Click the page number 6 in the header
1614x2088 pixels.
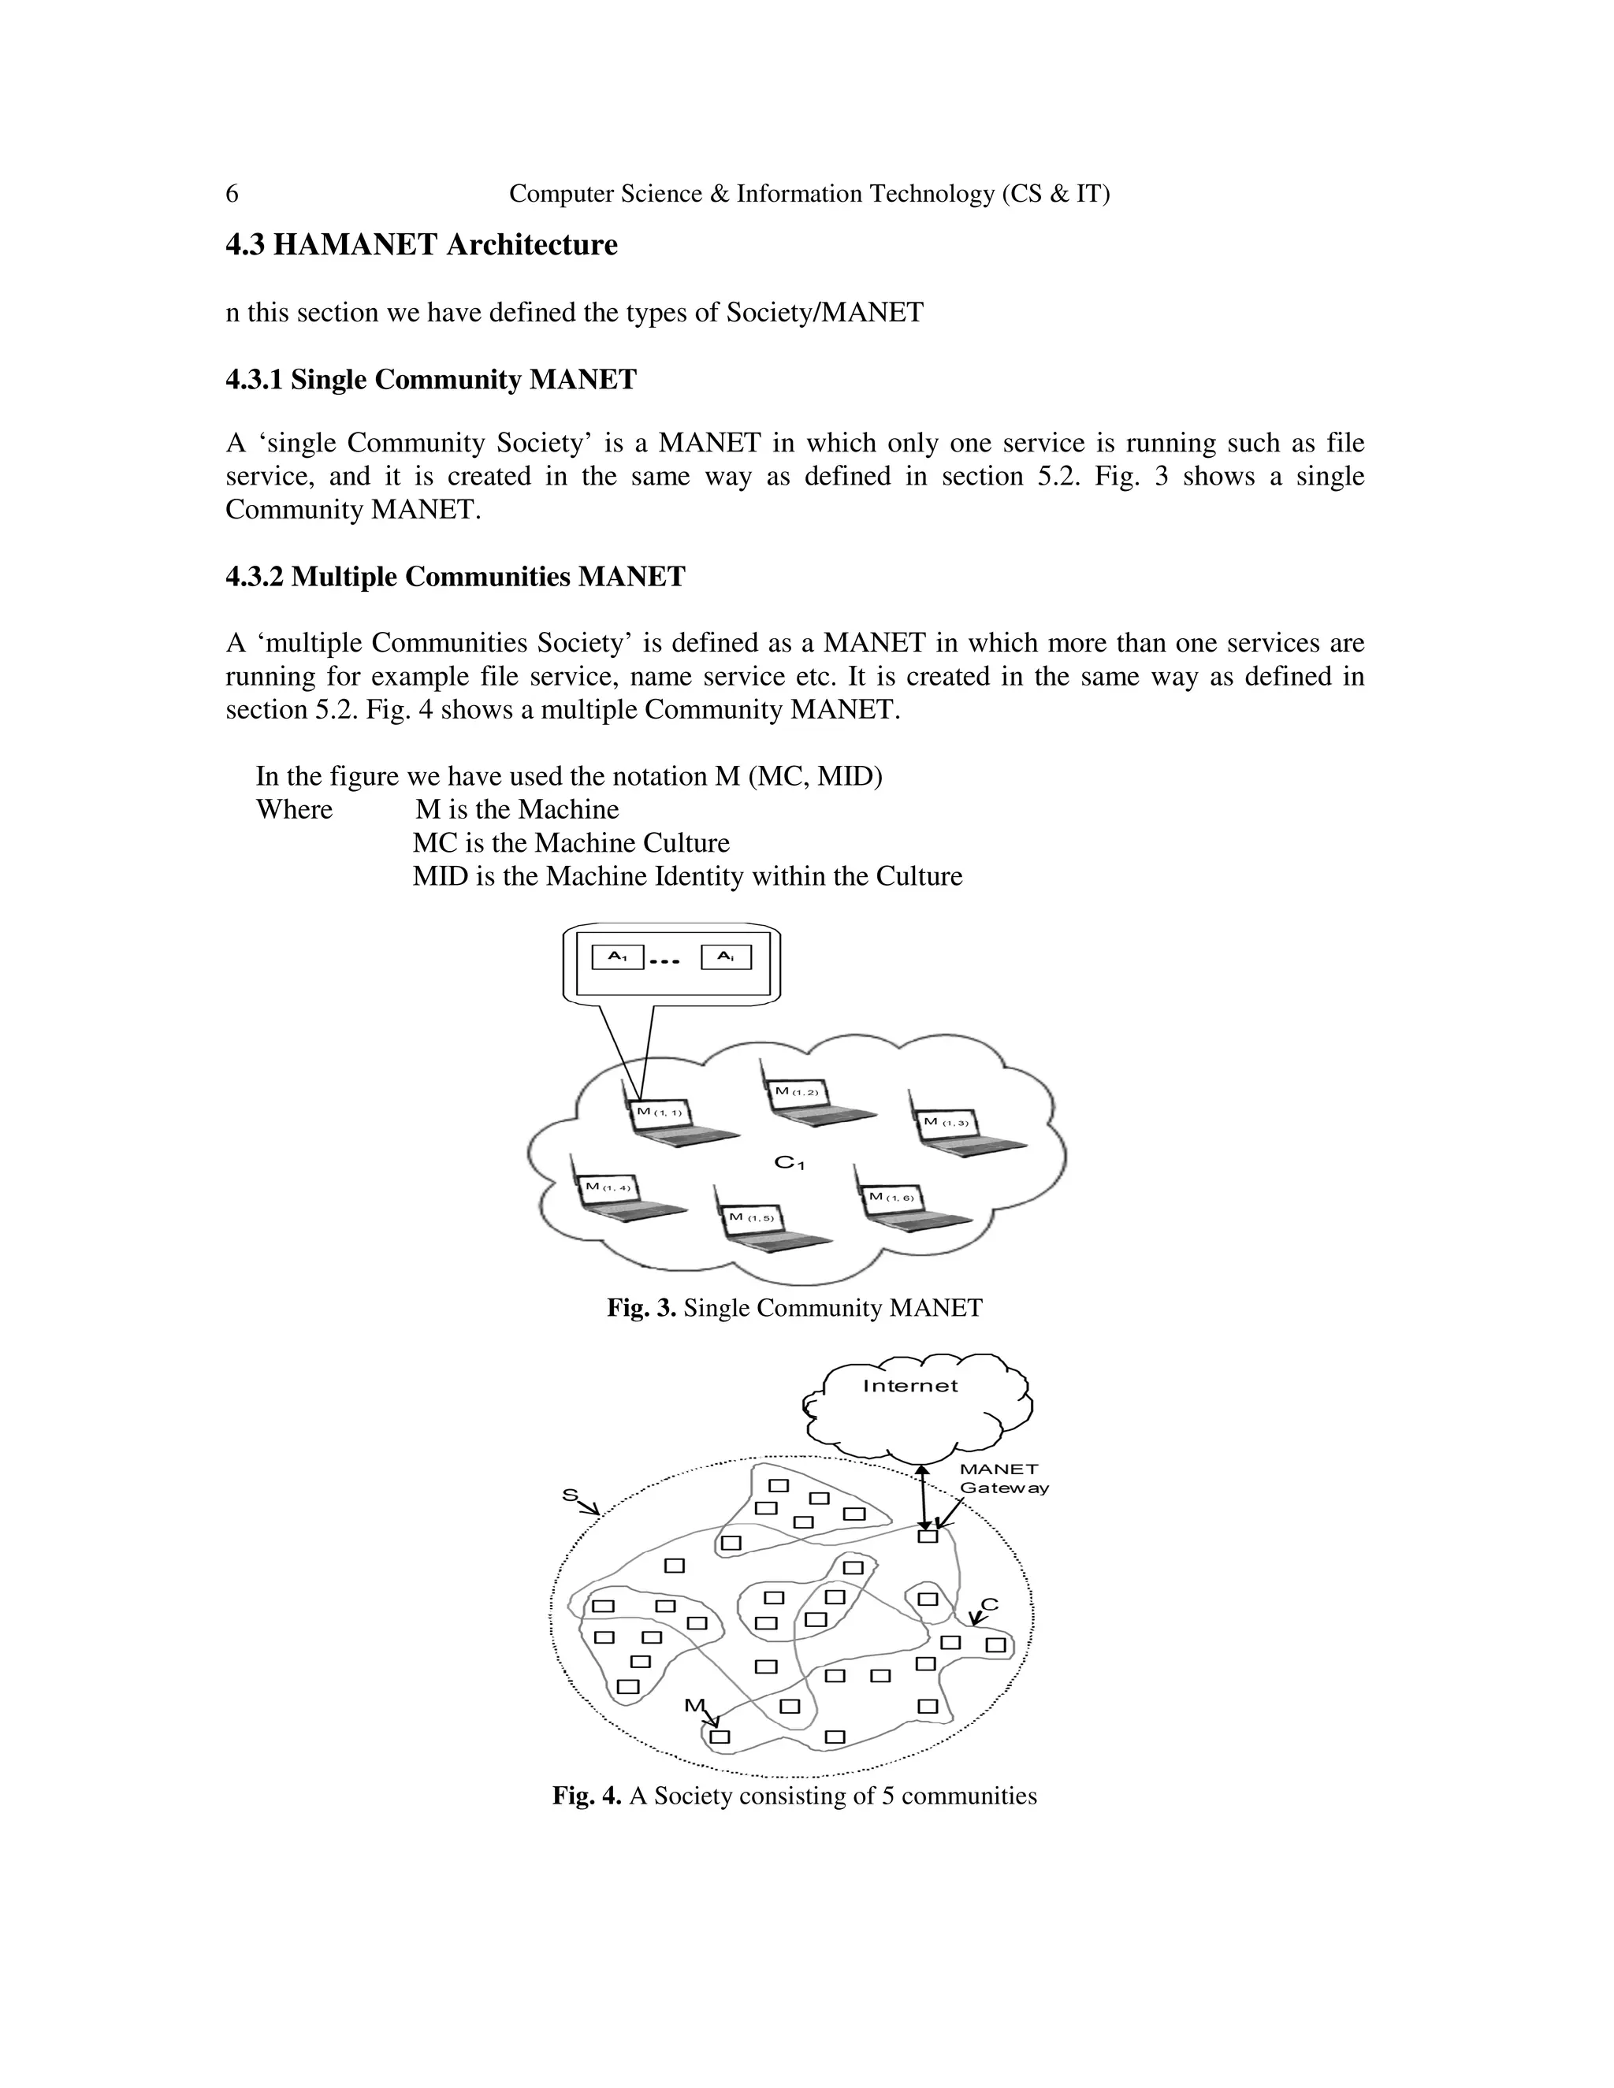(232, 194)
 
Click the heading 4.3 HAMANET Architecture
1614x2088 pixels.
(421, 245)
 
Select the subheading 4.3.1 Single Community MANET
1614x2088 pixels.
(430, 380)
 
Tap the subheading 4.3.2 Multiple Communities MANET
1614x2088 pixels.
(456, 577)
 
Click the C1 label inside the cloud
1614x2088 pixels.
(789, 1162)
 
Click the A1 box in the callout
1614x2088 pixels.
(618, 957)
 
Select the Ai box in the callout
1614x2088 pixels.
(726, 957)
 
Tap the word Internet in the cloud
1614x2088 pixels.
(909, 1385)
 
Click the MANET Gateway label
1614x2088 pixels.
(1002, 1478)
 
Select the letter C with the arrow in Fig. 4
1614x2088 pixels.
(989, 1605)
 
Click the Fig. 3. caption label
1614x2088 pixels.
(642, 1308)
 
